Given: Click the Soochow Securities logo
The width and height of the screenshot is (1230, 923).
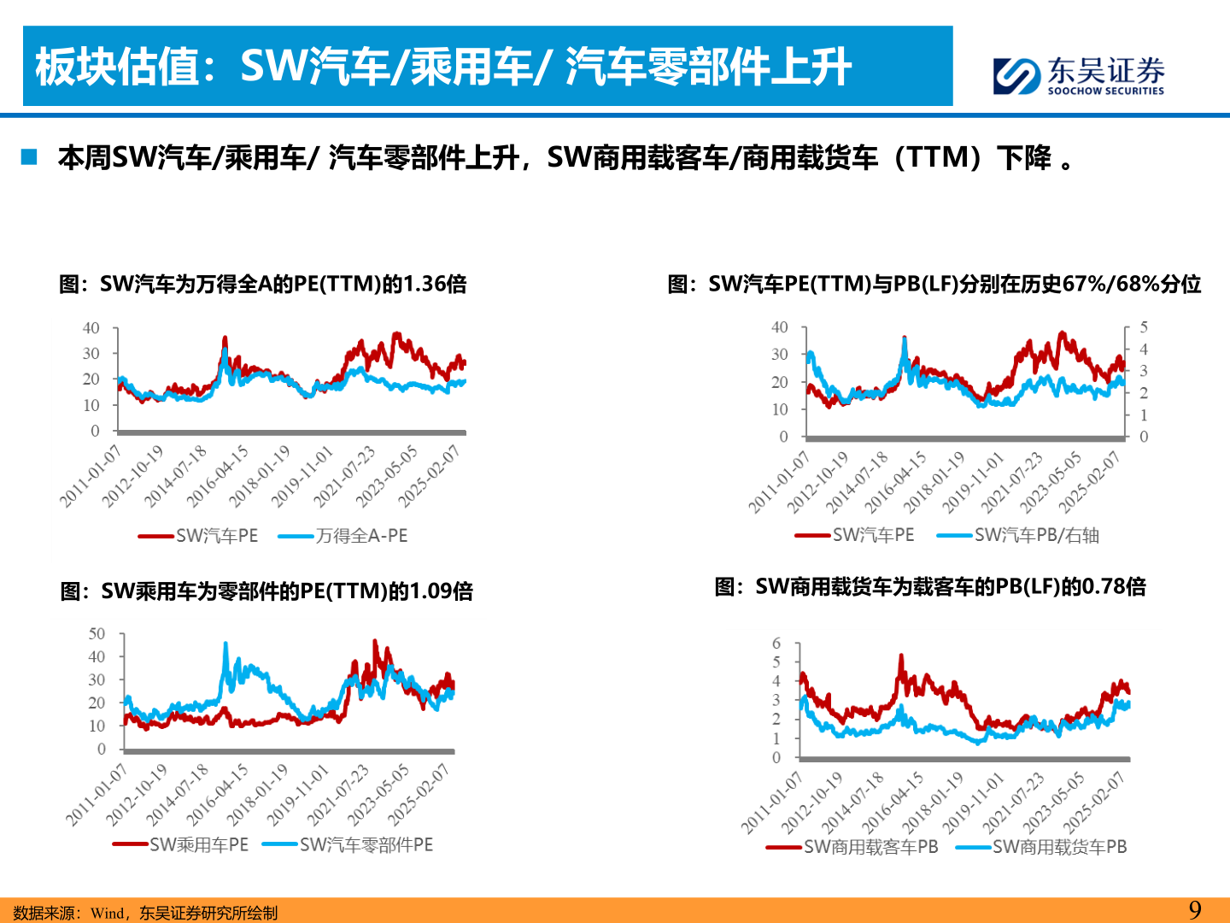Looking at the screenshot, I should coord(1078,75).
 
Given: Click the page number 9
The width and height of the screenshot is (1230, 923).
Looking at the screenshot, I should coord(1195,910).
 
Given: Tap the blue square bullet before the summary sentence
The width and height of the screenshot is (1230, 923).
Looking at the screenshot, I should coord(30,157).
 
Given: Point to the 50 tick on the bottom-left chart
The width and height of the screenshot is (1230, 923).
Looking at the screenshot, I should coord(97,634).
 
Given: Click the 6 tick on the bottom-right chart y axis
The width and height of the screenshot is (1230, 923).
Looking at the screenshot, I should coord(776,644).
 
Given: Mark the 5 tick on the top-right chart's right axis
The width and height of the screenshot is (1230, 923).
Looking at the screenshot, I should coord(1144,327).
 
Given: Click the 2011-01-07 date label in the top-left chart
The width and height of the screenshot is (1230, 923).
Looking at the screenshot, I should coord(91,476).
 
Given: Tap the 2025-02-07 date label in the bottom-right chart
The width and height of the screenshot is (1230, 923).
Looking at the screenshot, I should coord(1093,802).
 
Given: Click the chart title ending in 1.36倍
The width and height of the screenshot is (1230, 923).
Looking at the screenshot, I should coord(262,284).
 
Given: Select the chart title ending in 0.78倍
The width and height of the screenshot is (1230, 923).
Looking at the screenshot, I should coord(930,586).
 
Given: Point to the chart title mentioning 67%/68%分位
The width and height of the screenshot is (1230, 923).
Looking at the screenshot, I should coord(934,284).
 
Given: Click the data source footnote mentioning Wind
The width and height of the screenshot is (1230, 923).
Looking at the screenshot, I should coord(145,913).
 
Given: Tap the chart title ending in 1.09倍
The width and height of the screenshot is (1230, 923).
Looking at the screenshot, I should coord(266,591).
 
